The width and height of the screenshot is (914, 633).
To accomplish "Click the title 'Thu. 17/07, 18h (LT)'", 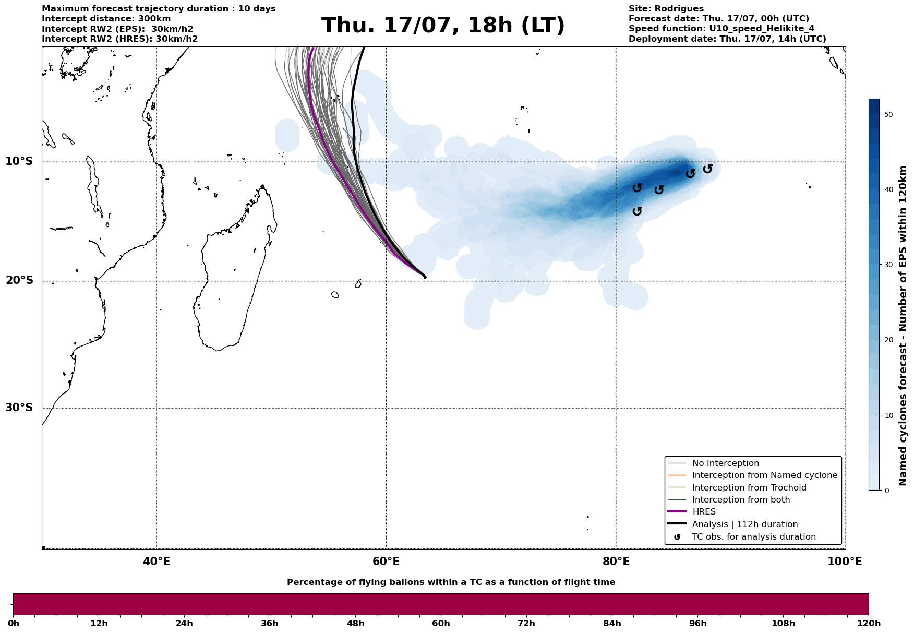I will [443, 26].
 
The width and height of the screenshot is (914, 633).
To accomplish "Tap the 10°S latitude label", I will [19, 161].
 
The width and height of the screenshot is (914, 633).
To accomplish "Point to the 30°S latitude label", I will [19, 408].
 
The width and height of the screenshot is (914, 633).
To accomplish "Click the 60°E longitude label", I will [386, 562].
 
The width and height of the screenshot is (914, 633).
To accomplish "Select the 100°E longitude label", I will [845, 562].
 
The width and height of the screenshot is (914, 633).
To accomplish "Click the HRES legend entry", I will [704, 512].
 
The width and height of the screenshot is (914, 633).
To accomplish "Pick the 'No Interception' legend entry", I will [725, 463].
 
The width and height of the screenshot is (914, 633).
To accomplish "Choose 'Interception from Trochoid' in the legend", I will [749, 488].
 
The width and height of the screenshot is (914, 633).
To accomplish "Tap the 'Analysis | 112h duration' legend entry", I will [744, 524].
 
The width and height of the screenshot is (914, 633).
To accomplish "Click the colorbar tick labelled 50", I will [888, 114].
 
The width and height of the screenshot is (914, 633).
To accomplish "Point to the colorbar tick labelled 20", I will [888, 340].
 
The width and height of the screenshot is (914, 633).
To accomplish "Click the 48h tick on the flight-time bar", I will [355, 623].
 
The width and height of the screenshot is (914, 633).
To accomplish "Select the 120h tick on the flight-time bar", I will [869, 623].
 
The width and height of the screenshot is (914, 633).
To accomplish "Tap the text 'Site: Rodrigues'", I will [666, 9].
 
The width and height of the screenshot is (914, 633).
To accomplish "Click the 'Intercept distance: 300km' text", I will [106, 19].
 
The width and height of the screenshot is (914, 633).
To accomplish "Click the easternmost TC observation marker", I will [707, 169].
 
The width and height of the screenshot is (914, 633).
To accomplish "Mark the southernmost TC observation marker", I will [637, 211].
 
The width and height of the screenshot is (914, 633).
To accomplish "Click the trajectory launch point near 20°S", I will [425, 277].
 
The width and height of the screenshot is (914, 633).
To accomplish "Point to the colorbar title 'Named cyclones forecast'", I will [903, 326].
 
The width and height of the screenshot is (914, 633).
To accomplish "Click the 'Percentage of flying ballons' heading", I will [451, 582].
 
